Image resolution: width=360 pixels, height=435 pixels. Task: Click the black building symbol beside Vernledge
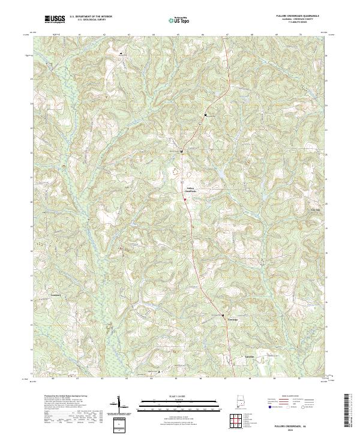point(223,316)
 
